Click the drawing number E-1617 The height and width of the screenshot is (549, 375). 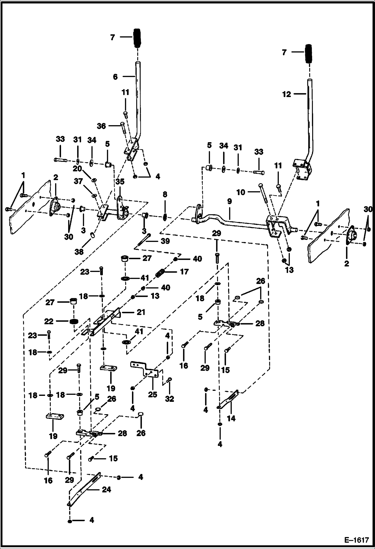coord(357,540)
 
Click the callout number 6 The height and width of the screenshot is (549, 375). coord(115,77)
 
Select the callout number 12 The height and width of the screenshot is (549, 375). coord(287,94)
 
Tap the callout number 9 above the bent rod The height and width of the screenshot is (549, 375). coord(230,201)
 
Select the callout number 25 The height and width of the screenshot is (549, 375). coord(152,394)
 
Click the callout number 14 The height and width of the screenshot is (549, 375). coord(231,418)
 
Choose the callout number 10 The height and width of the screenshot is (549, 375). coord(241,192)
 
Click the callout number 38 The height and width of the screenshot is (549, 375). coord(79,251)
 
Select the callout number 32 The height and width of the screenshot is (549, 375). coord(169,399)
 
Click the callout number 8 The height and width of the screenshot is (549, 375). coord(165,194)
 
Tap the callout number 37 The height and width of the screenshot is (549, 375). coord(78,181)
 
